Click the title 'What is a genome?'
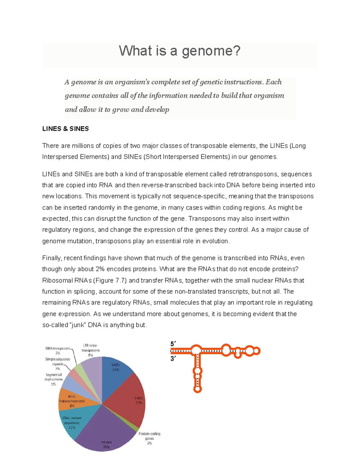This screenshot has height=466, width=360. tap(179, 51)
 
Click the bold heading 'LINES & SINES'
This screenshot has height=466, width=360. tap(65, 129)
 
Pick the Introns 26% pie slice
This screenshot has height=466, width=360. tap(105, 432)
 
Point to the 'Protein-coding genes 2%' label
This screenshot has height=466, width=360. tap(149, 438)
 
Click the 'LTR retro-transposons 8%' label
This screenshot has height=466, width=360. tap(90, 350)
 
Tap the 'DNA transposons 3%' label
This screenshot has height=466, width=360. tap(58, 350)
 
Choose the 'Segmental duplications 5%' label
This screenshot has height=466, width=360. tap(54, 379)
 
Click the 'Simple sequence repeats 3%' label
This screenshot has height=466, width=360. tap(58, 364)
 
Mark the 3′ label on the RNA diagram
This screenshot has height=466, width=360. tap(173, 358)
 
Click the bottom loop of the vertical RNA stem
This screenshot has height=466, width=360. tap(197, 389)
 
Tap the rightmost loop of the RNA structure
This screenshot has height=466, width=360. tap(257, 351)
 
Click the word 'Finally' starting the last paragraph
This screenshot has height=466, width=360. tap(52, 258)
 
